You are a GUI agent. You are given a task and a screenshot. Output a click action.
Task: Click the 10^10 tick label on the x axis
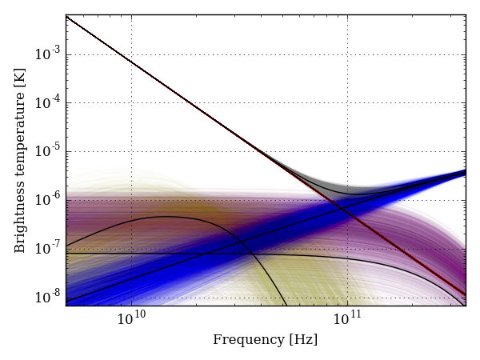point(131,319)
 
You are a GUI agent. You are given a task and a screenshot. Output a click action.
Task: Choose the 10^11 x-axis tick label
point(347,319)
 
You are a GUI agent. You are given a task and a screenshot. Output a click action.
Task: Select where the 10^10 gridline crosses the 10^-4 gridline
point(131,103)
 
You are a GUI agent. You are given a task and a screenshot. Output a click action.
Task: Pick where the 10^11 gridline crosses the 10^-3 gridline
point(347,54)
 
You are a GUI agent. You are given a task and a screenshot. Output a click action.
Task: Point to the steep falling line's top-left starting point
point(66,16)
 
